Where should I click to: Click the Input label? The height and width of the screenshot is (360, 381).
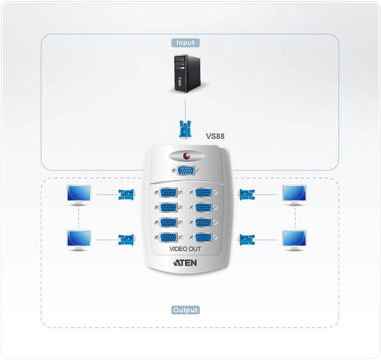click(x=185, y=42)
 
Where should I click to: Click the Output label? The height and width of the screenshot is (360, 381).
click(x=186, y=310)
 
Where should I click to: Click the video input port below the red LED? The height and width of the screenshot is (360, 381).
click(x=186, y=170)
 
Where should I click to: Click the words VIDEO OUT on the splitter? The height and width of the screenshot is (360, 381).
click(x=186, y=249)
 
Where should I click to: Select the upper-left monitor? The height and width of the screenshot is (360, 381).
click(x=79, y=195)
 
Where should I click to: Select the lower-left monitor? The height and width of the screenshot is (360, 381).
click(x=79, y=240)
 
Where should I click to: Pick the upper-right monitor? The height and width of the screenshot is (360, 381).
click(x=294, y=195)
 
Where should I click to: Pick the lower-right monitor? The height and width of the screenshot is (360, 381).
click(x=294, y=240)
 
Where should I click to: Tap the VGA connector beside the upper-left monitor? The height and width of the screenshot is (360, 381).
click(x=126, y=193)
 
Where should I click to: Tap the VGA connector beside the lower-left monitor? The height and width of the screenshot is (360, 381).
click(x=126, y=239)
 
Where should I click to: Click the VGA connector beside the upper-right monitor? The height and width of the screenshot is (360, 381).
click(x=247, y=193)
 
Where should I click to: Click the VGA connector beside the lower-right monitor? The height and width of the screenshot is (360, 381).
click(x=247, y=239)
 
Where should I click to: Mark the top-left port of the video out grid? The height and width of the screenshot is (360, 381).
click(x=169, y=192)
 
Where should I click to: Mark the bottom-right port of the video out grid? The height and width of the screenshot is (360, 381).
click(x=204, y=237)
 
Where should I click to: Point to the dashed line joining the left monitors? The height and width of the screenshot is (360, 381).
click(x=79, y=217)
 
